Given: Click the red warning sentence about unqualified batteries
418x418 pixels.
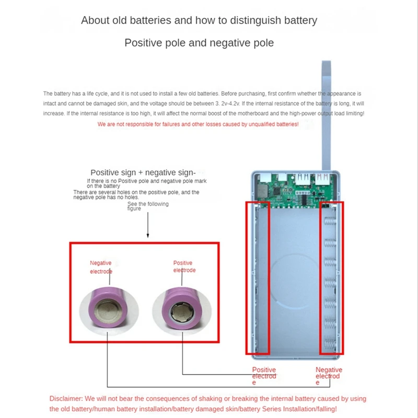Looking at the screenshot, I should tap(198, 124).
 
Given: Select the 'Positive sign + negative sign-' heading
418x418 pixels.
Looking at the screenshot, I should tap(143, 172).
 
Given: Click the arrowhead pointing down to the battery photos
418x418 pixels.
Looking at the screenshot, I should tap(148, 236).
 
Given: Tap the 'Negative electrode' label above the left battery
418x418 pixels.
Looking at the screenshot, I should tap(101, 267).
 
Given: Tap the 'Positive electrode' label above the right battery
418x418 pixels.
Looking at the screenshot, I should tap(184, 266).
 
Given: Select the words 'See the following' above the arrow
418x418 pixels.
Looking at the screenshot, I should tap(148, 204).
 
